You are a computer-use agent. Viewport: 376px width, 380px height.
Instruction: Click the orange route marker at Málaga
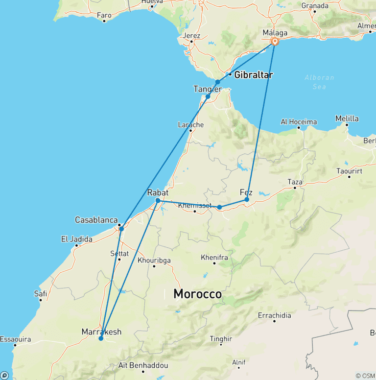(x=275, y=42)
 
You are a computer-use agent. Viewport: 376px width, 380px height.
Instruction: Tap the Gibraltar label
(x=253, y=75)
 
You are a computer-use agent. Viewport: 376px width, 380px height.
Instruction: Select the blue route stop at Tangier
(x=208, y=96)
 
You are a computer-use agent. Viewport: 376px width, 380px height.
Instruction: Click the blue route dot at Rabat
(x=158, y=200)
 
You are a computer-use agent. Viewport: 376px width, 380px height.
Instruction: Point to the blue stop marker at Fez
(x=247, y=200)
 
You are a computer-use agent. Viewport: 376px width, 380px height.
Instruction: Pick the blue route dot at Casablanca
(x=121, y=229)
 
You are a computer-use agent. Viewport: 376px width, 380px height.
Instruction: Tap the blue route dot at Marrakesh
(x=101, y=338)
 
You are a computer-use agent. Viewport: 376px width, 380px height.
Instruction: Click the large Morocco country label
(x=197, y=294)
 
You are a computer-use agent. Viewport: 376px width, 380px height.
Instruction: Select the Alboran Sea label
(x=319, y=82)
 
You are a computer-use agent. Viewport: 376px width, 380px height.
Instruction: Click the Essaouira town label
(x=15, y=339)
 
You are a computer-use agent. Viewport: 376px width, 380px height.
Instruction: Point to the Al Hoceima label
(x=299, y=122)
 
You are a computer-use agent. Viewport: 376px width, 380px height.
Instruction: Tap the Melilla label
(x=347, y=119)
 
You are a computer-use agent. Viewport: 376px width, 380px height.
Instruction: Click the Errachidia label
(x=274, y=316)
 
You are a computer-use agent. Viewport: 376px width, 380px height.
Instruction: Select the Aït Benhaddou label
(x=143, y=366)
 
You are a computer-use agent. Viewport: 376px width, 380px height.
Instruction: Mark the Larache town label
(x=190, y=125)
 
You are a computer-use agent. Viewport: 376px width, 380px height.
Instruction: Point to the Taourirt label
(x=350, y=171)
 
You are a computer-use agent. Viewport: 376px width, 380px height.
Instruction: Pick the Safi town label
(x=40, y=294)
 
